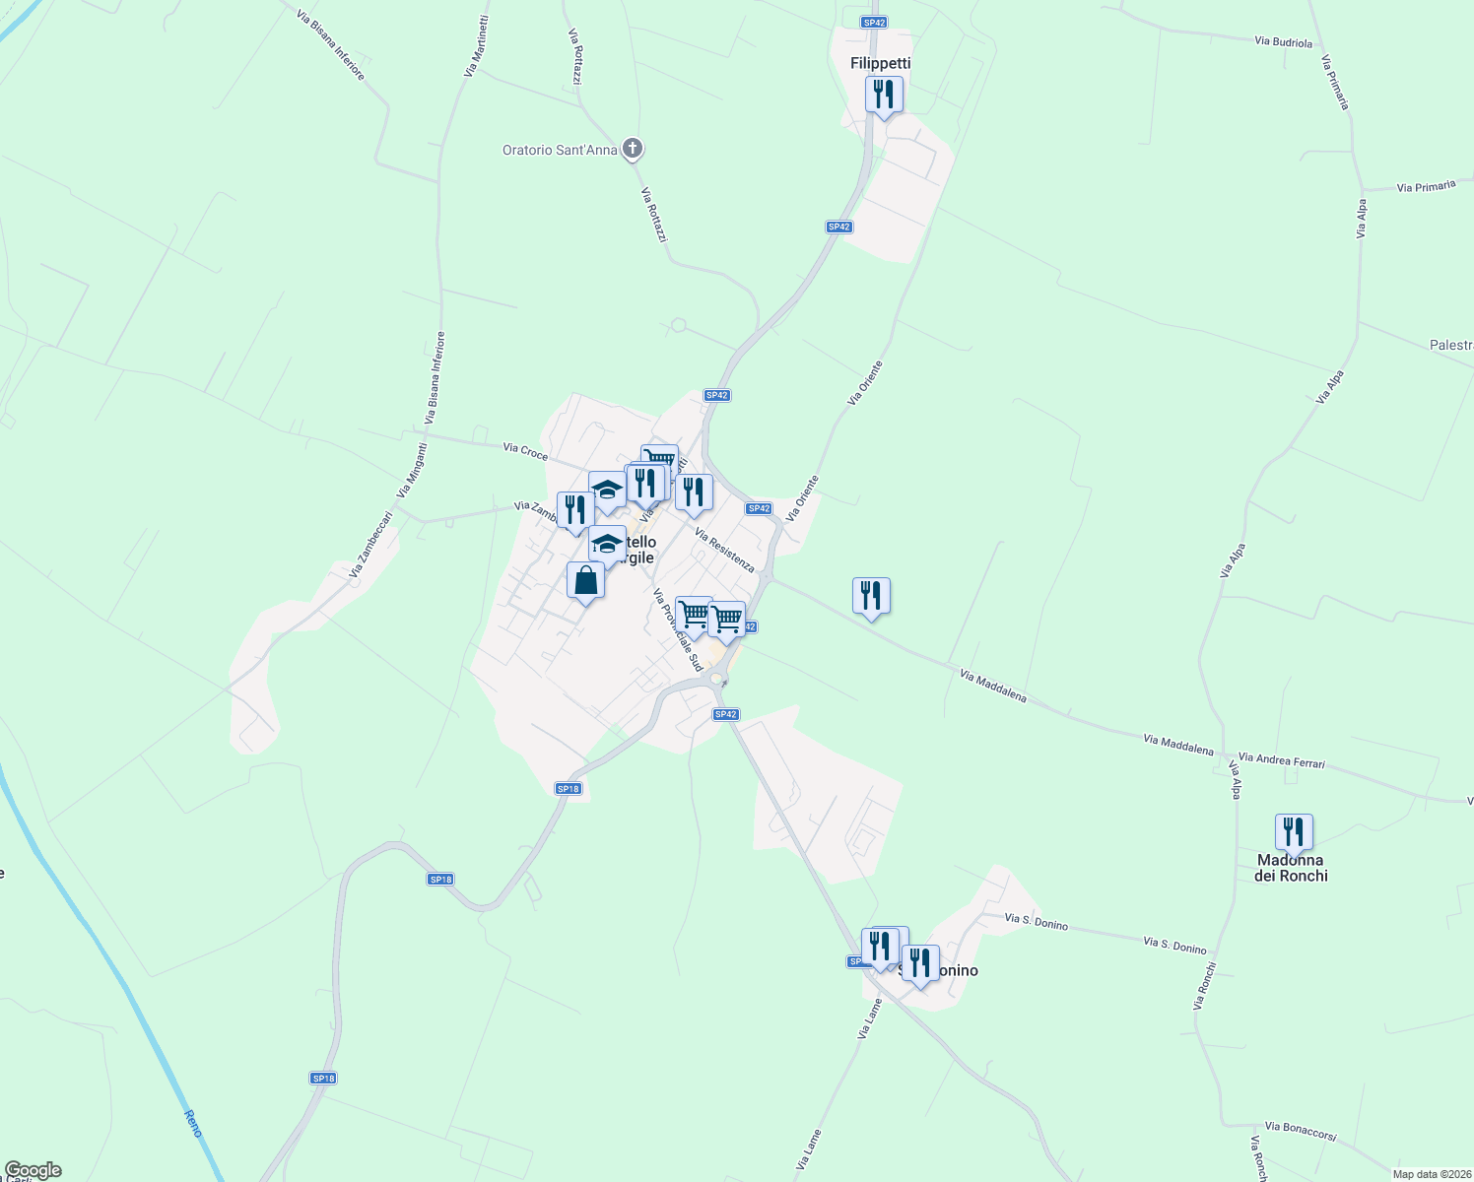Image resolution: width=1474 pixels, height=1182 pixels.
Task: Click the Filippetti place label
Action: coord(880,63)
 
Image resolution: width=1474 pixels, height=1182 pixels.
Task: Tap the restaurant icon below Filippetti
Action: coord(884,96)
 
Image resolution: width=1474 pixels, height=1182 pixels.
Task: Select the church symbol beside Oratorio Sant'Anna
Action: coord(633,150)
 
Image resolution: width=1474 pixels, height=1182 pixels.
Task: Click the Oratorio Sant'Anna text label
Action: coord(560,150)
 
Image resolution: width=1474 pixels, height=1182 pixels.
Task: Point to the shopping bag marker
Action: coord(585,581)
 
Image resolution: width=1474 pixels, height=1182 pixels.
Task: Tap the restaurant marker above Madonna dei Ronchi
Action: coord(1294,832)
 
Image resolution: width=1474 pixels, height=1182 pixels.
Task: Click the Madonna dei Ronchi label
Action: coord(1291,868)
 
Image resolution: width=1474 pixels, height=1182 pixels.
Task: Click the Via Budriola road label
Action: coord(1284,42)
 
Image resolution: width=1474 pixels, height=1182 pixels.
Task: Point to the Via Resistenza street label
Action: coord(724,550)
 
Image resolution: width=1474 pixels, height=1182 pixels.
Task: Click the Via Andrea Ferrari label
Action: coord(1281,760)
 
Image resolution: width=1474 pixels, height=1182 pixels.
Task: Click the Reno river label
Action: coord(193,1123)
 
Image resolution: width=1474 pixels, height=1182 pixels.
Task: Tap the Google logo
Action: coord(33,1170)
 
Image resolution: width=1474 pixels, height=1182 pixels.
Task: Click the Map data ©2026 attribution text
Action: coord(1430,1174)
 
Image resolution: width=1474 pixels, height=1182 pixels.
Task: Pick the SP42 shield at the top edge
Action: coord(874,22)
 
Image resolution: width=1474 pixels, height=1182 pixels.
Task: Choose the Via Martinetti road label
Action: coord(475,46)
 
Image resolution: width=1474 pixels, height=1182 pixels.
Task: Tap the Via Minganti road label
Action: coord(411,471)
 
